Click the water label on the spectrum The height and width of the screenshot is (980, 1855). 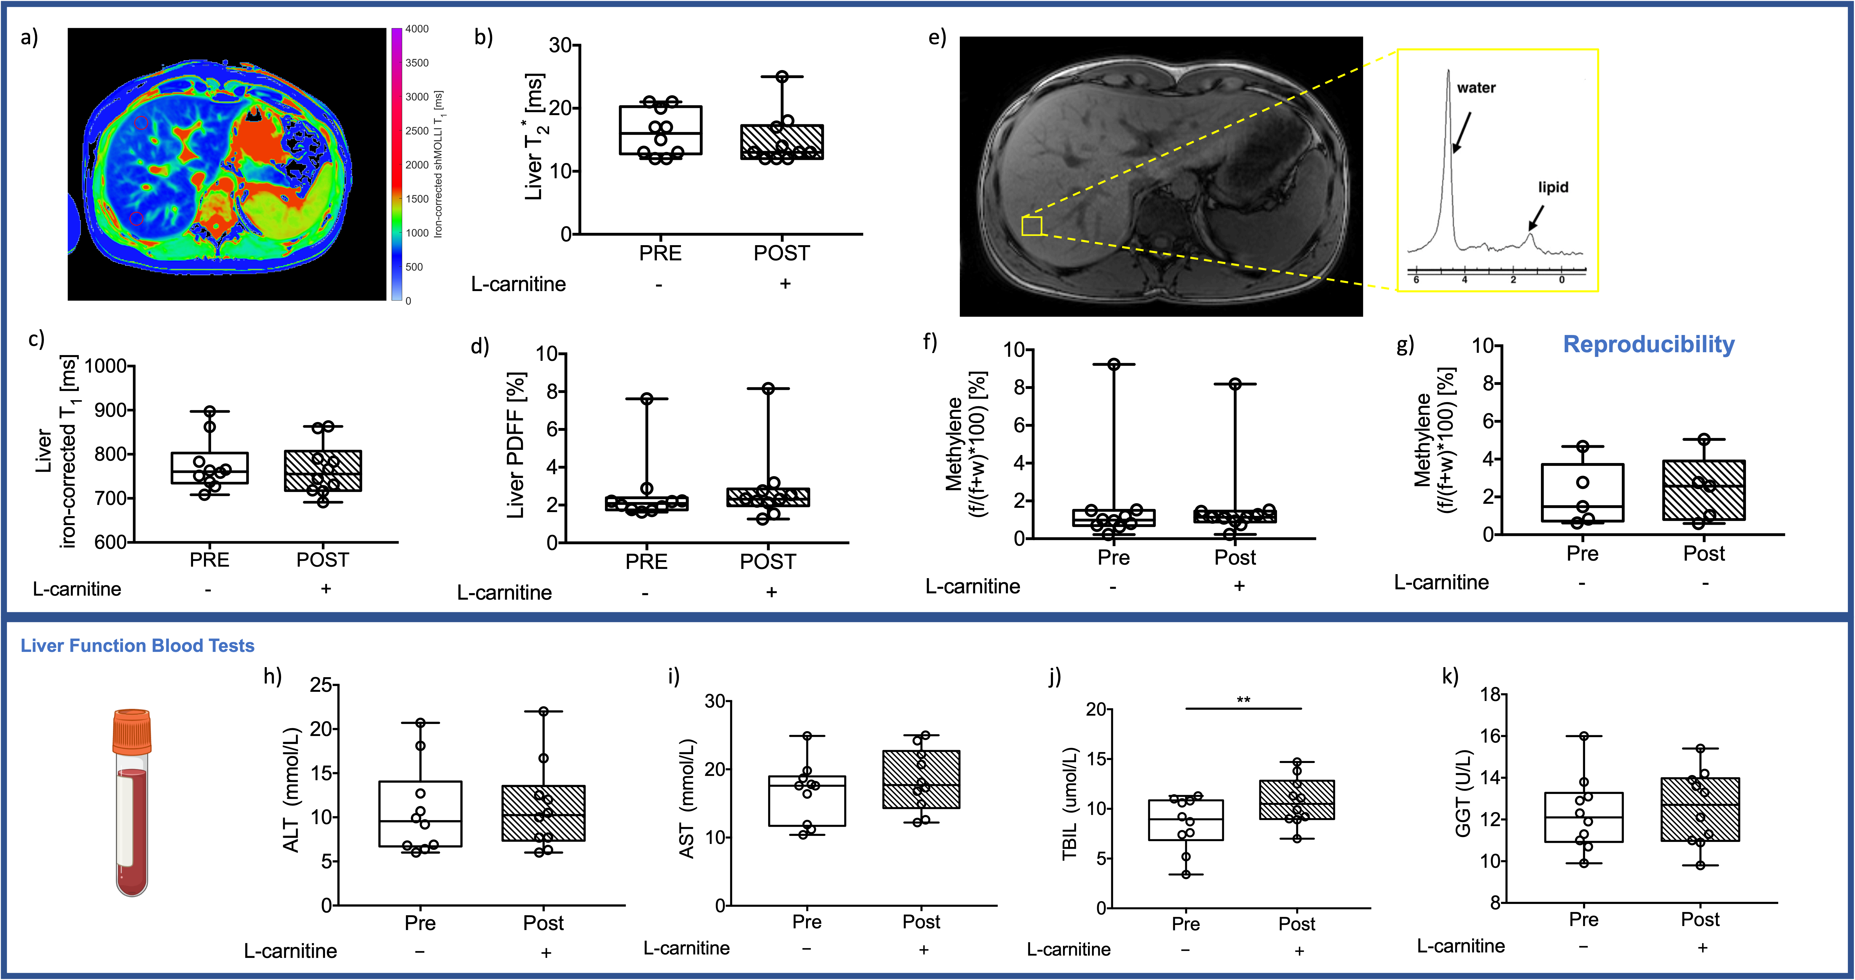(x=1476, y=88)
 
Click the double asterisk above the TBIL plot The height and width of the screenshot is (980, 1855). (x=1244, y=700)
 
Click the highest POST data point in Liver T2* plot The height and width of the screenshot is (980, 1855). (x=782, y=76)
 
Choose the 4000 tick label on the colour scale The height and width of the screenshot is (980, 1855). (x=417, y=29)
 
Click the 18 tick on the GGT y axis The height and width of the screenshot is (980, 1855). (x=1489, y=695)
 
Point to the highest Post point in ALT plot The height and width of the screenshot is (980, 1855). (x=544, y=711)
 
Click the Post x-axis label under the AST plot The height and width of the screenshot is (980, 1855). (x=922, y=922)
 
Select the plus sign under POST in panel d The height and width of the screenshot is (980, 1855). (x=771, y=592)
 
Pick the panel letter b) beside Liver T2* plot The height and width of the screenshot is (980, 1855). (x=483, y=38)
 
